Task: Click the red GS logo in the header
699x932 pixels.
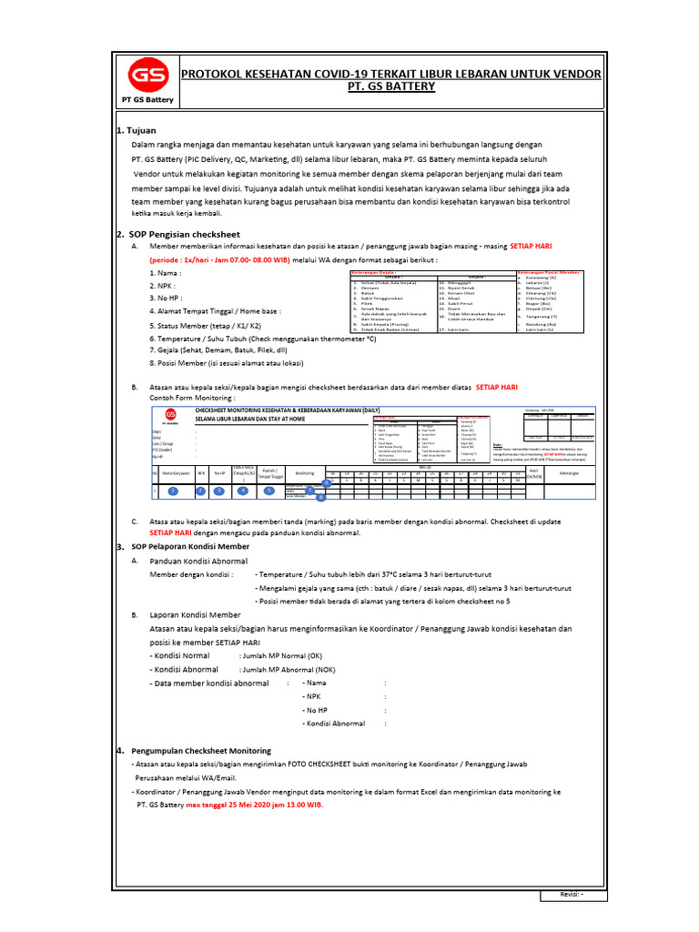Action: coord(141,74)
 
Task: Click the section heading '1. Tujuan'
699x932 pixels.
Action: coord(137,130)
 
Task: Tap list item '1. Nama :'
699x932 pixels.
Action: coord(165,272)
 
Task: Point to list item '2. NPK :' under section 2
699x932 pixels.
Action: coord(163,285)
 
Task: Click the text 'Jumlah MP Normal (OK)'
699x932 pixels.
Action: coord(280,655)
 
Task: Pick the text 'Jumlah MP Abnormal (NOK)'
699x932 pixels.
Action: coord(287,669)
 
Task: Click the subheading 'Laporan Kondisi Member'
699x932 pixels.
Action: coord(195,615)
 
